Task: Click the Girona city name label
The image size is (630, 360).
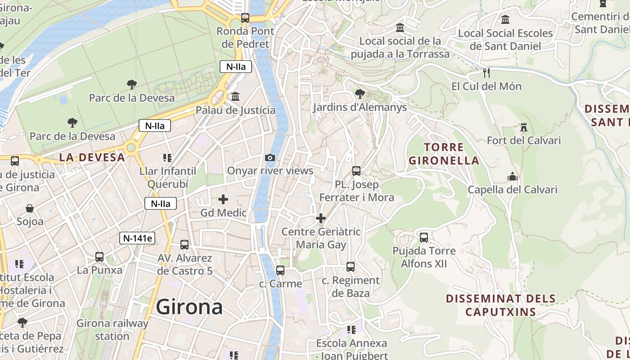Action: [189, 307]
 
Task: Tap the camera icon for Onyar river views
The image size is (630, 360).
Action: [270, 157]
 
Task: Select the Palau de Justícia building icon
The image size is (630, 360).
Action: [235, 97]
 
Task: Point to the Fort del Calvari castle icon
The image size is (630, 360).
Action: [523, 127]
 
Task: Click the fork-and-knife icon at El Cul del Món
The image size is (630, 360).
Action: [486, 72]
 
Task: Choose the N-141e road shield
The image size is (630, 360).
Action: [137, 238]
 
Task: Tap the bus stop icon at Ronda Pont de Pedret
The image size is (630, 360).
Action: [245, 18]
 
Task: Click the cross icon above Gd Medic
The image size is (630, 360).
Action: [223, 199]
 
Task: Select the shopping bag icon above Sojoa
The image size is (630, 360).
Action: [30, 208]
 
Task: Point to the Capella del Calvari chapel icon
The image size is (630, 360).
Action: [513, 176]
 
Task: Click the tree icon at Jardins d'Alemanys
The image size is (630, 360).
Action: [360, 94]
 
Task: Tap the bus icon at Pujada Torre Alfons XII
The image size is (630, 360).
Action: [424, 237]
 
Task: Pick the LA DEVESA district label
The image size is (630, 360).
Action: [92, 157]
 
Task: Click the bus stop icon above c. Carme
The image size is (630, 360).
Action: [280, 270]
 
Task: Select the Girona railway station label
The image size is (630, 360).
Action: [112, 329]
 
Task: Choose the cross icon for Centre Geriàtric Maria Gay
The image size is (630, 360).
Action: [321, 219]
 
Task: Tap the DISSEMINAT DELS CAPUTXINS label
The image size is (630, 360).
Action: [500, 305]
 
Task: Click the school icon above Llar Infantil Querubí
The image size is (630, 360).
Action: [167, 158]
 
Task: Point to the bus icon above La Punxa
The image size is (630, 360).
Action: [99, 257]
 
